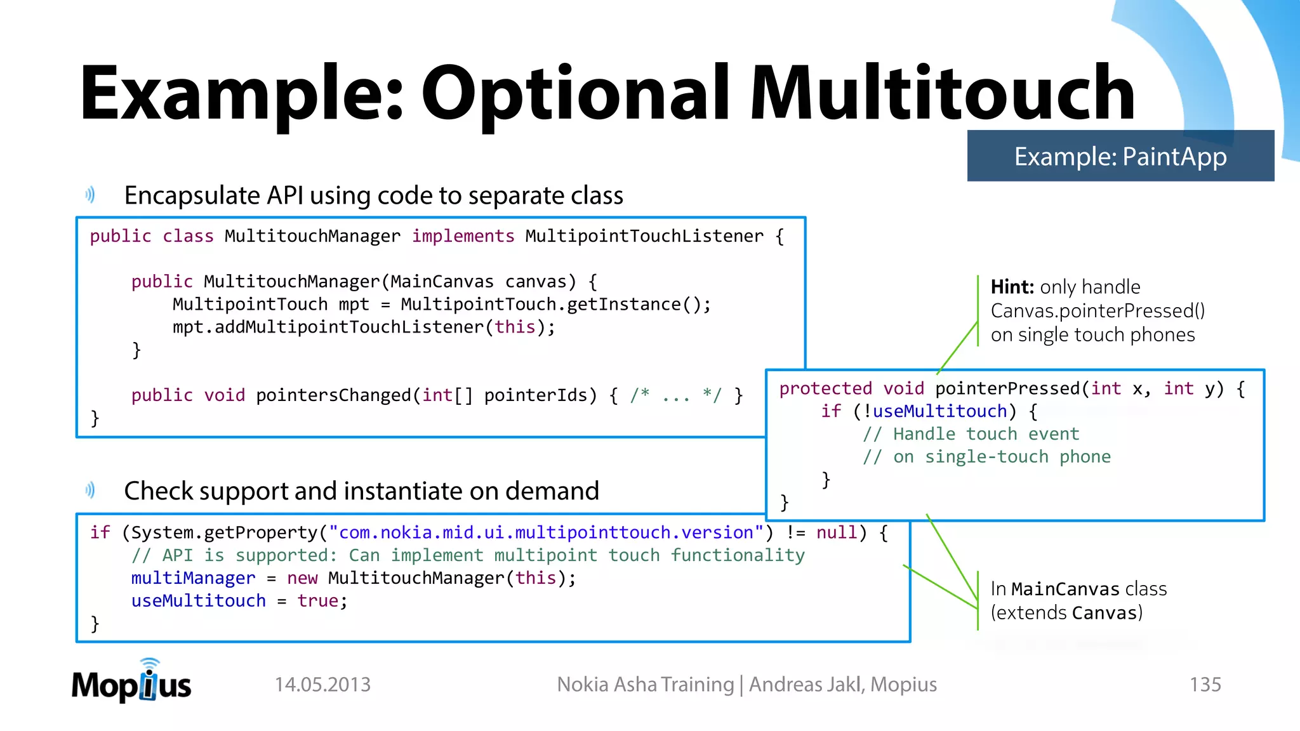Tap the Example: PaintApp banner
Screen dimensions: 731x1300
(1120, 156)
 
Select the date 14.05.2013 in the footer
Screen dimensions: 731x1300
(322, 685)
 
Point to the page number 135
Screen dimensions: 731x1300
(1205, 685)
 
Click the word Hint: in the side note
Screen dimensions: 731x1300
(1012, 287)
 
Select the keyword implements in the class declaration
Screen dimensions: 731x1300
(463, 236)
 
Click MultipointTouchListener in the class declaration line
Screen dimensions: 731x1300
(644, 236)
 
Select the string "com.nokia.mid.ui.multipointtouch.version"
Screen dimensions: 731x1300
(546, 532)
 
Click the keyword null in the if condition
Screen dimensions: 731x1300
(837, 532)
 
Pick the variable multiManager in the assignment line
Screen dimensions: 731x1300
(193, 578)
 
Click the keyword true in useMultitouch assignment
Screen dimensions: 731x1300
(318, 601)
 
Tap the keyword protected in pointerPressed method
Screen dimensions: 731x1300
(825, 388)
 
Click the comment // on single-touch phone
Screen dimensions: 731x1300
(986, 457)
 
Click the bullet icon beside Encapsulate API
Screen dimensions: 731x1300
(90, 195)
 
